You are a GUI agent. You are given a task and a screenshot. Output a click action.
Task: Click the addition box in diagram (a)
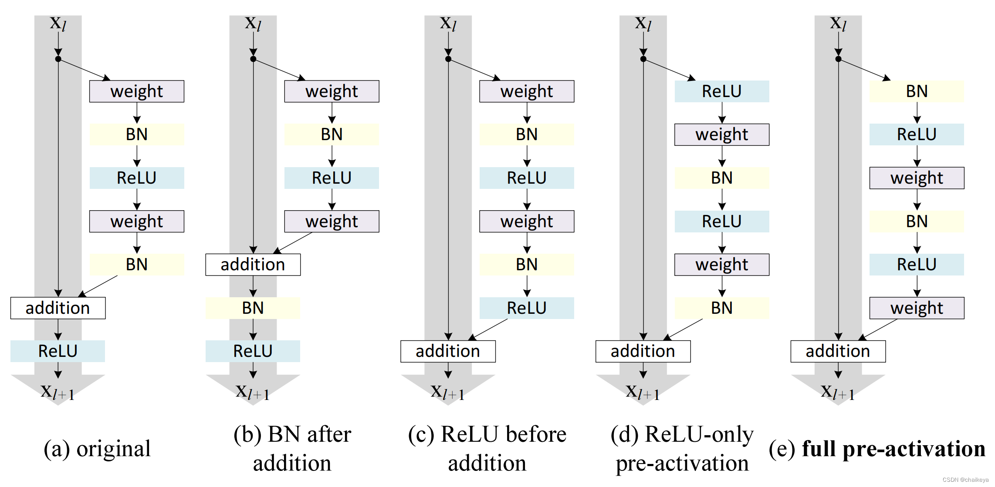pos(58,308)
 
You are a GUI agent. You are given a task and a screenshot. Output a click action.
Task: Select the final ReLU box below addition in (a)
pos(58,351)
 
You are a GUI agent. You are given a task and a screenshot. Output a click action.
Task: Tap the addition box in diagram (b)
pos(253,265)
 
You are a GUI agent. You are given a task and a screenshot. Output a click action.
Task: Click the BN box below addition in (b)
pos(253,308)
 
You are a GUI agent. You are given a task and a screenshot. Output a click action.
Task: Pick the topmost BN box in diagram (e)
pos(917,91)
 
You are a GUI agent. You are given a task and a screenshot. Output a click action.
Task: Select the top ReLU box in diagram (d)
pos(721,91)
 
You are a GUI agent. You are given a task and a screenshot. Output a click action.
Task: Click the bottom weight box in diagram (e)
pos(917,308)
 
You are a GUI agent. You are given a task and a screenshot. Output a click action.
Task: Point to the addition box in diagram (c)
pos(448,351)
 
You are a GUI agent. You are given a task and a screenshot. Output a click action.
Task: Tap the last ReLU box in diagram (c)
pos(527,308)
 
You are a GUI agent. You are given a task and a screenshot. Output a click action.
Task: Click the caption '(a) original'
pos(97,449)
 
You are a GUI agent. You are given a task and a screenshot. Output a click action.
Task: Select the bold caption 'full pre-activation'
pos(893,449)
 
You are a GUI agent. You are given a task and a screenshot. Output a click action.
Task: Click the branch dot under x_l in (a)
pos(58,59)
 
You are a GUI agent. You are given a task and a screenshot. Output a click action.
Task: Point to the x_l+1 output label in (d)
pos(643,392)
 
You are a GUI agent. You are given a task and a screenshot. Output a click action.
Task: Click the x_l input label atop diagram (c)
pos(448,23)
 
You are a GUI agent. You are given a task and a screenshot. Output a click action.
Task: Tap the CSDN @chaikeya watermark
pos(965,480)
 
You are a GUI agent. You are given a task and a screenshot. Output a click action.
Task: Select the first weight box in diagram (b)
pos(332,91)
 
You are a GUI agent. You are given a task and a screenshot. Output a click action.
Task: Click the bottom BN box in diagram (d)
pos(721,308)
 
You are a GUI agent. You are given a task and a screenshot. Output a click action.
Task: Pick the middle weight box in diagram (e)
pos(917,178)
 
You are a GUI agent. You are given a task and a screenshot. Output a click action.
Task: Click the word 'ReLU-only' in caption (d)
pos(699,434)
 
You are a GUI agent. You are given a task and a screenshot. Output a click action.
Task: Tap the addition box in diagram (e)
pos(838,351)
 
